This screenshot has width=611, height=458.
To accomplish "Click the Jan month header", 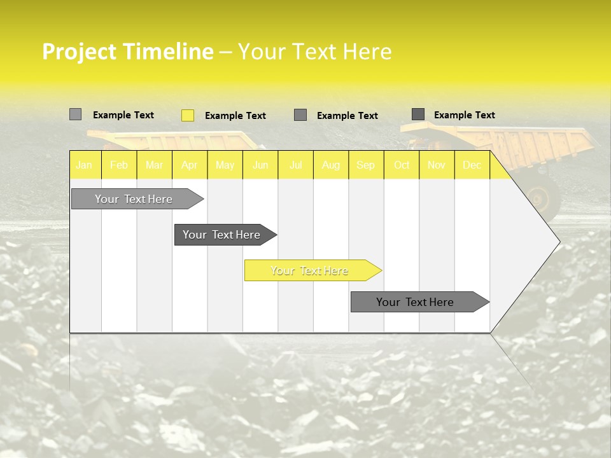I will pyautogui.click(x=84, y=165).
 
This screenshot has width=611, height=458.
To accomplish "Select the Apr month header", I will pyautogui.click(x=189, y=165).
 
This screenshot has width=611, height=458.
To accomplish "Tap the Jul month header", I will pyautogui.click(x=295, y=165).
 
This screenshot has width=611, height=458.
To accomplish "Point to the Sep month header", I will pyautogui.click(x=365, y=165).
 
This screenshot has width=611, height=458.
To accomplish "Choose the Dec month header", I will pyautogui.click(x=472, y=165).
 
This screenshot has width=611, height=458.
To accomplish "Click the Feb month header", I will pyautogui.click(x=118, y=165).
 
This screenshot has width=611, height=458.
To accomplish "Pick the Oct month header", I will pyautogui.click(x=402, y=165).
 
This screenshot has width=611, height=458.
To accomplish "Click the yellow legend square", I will pyautogui.click(x=188, y=115).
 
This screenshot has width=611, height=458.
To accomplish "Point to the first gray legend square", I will pyautogui.click(x=75, y=114).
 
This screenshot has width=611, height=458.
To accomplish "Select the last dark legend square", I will pyautogui.click(x=418, y=114).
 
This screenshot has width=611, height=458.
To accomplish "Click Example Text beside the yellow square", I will pyautogui.click(x=235, y=116).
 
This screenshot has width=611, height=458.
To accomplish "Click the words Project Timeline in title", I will pyautogui.click(x=127, y=52).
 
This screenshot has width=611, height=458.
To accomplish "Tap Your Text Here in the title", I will pyautogui.click(x=314, y=52).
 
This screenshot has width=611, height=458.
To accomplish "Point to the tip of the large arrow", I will pyautogui.click(x=559, y=242).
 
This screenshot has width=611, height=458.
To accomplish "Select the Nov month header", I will pyautogui.click(x=437, y=165).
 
